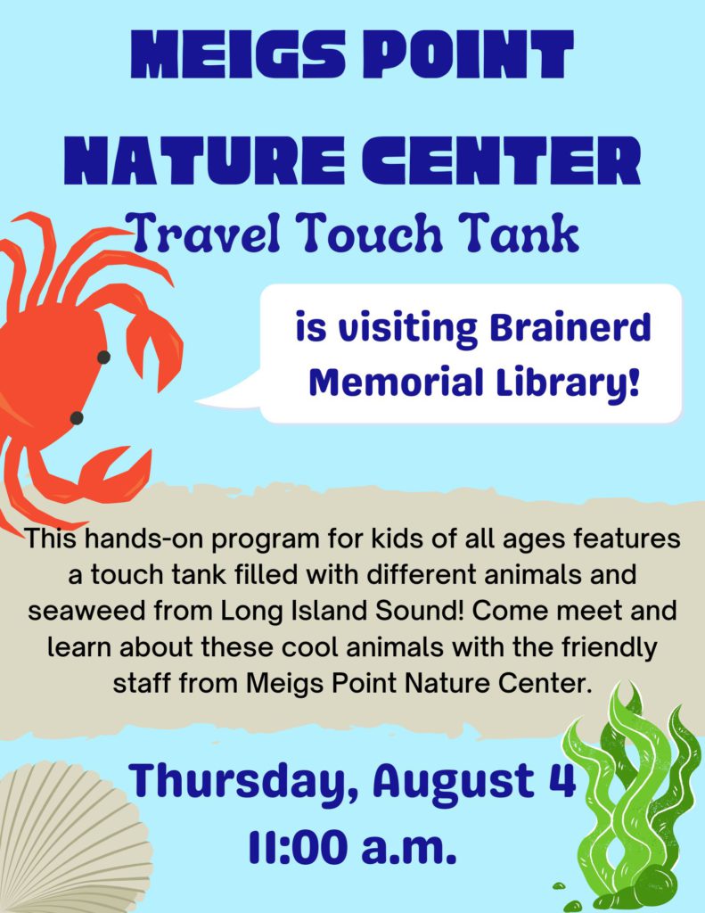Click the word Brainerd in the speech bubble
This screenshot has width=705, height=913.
[570, 329]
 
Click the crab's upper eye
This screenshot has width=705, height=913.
[103, 357]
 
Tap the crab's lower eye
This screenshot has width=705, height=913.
[77, 417]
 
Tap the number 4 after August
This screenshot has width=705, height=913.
[562, 779]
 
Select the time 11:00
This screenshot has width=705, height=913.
[298, 847]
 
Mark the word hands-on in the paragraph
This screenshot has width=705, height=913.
[145, 539]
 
